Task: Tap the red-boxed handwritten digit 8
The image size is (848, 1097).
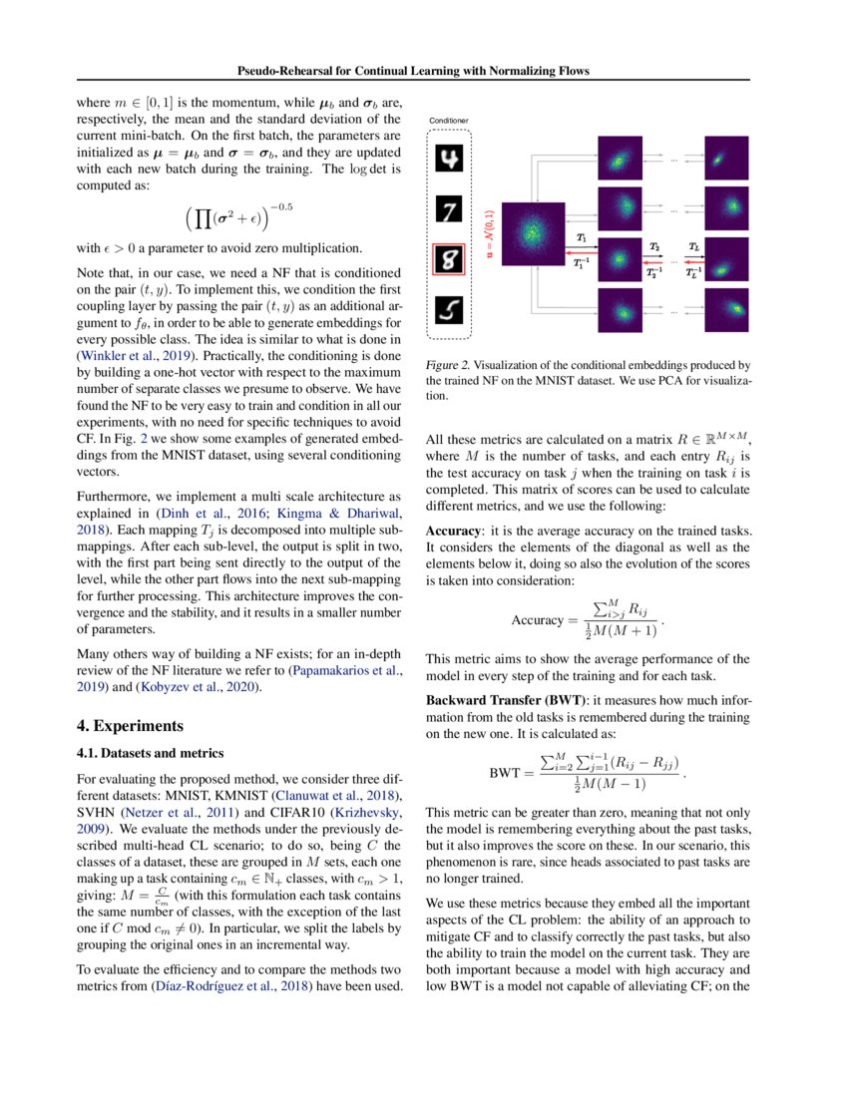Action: (x=453, y=262)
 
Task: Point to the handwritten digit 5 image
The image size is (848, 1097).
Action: (x=453, y=313)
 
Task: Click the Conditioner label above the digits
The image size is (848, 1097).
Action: (x=448, y=122)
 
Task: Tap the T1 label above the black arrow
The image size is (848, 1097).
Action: (x=582, y=237)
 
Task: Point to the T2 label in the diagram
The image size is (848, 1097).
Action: (x=654, y=245)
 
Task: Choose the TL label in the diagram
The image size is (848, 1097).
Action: (x=693, y=245)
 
